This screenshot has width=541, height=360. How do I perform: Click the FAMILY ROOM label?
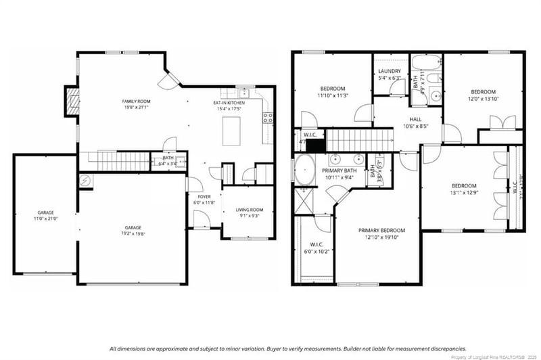click(x=135, y=100)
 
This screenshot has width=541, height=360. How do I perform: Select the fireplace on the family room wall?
click(x=70, y=101)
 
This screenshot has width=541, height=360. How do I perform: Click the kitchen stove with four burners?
click(x=267, y=116)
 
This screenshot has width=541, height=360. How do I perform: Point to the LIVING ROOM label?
click(x=249, y=210)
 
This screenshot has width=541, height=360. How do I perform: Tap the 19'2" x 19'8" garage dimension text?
click(x=133, y=233)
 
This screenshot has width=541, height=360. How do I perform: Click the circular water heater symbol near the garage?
click(x=85, y=181)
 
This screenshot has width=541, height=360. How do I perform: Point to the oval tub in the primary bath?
click(x=302, y=170)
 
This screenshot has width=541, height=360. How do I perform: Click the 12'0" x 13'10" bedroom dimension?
click(x=483, y=99)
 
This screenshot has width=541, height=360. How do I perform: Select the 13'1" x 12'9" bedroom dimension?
click(x=464, y=192)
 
